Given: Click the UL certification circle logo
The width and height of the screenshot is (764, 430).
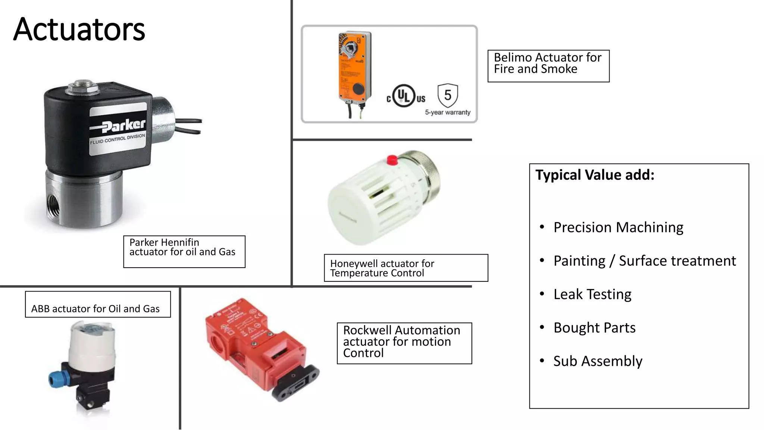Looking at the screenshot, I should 404,96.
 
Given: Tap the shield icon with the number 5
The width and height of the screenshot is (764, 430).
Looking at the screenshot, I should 448,95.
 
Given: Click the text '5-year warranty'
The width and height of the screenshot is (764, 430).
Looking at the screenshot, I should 448,112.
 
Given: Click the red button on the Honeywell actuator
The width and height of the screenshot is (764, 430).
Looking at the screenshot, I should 392,160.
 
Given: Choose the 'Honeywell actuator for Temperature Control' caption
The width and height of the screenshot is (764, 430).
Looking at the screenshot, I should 406,268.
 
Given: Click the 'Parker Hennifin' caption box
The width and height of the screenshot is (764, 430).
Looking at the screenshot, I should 184,251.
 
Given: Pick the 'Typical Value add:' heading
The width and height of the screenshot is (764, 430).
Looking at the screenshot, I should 595,175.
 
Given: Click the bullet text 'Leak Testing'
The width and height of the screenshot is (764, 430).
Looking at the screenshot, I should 592,294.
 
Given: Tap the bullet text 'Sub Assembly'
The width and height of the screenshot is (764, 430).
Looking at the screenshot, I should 598,361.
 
